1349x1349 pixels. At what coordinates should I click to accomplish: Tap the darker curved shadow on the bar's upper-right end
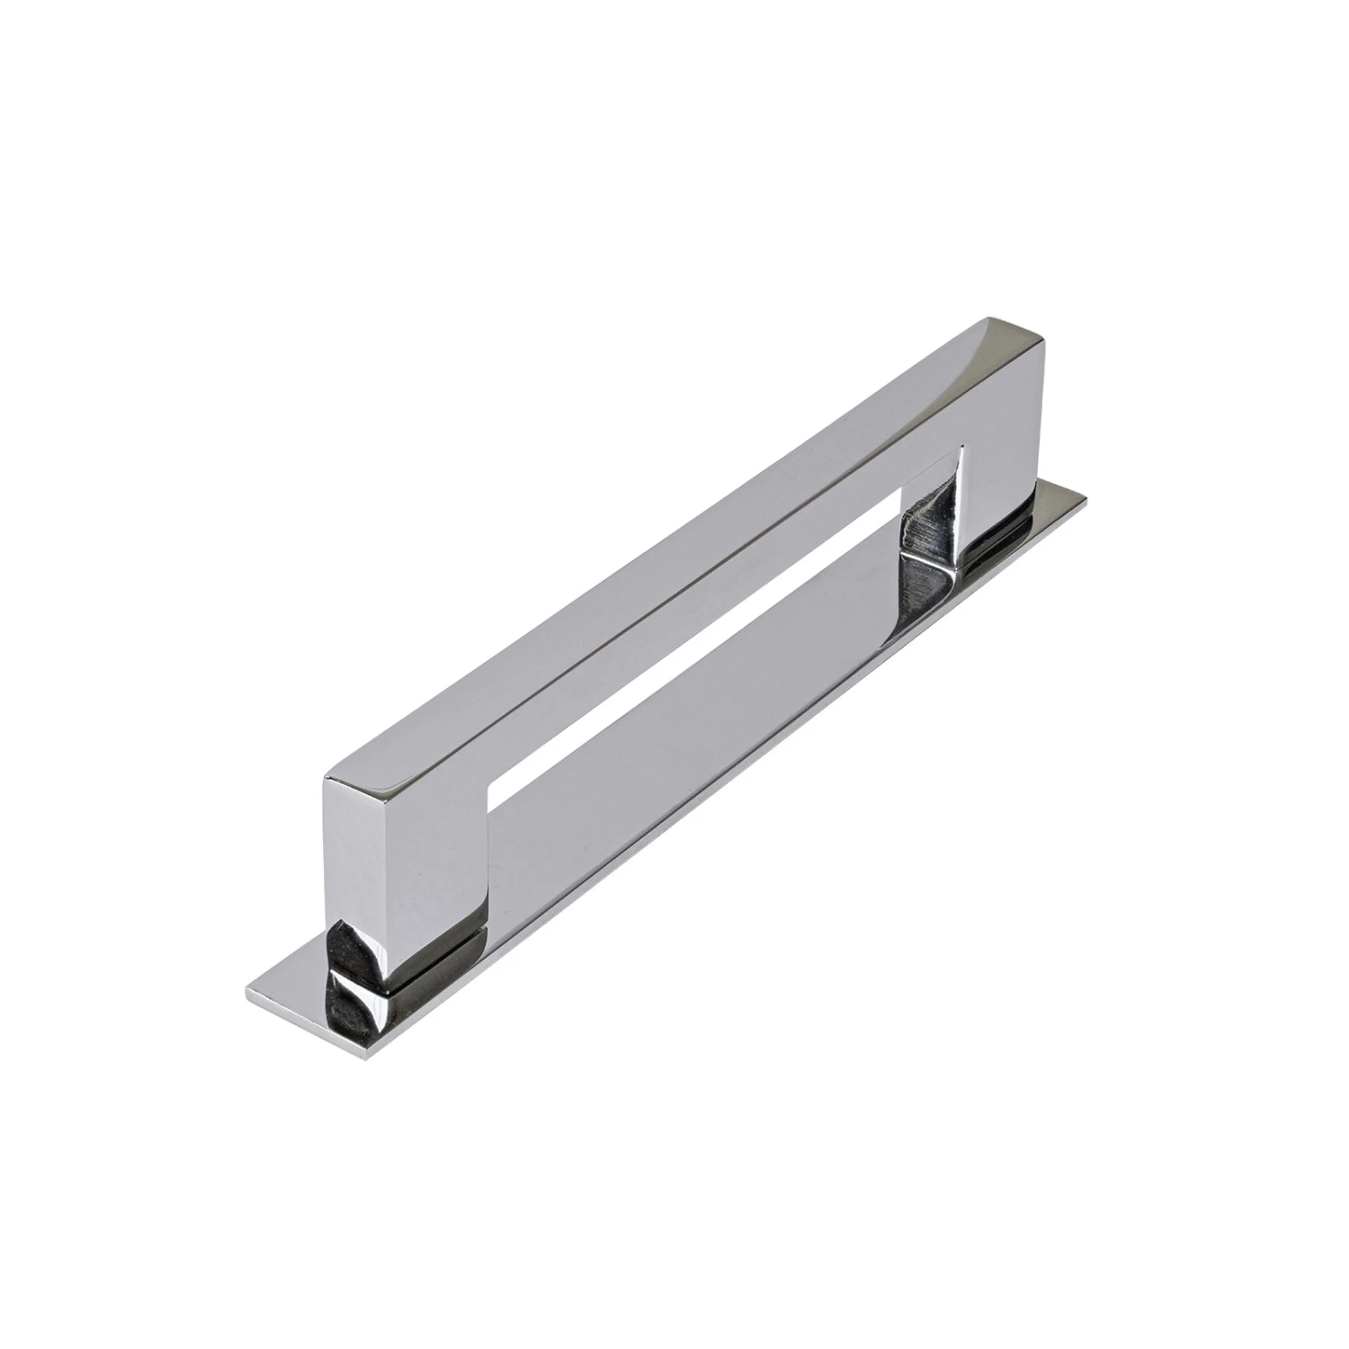tap(1016, 346)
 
